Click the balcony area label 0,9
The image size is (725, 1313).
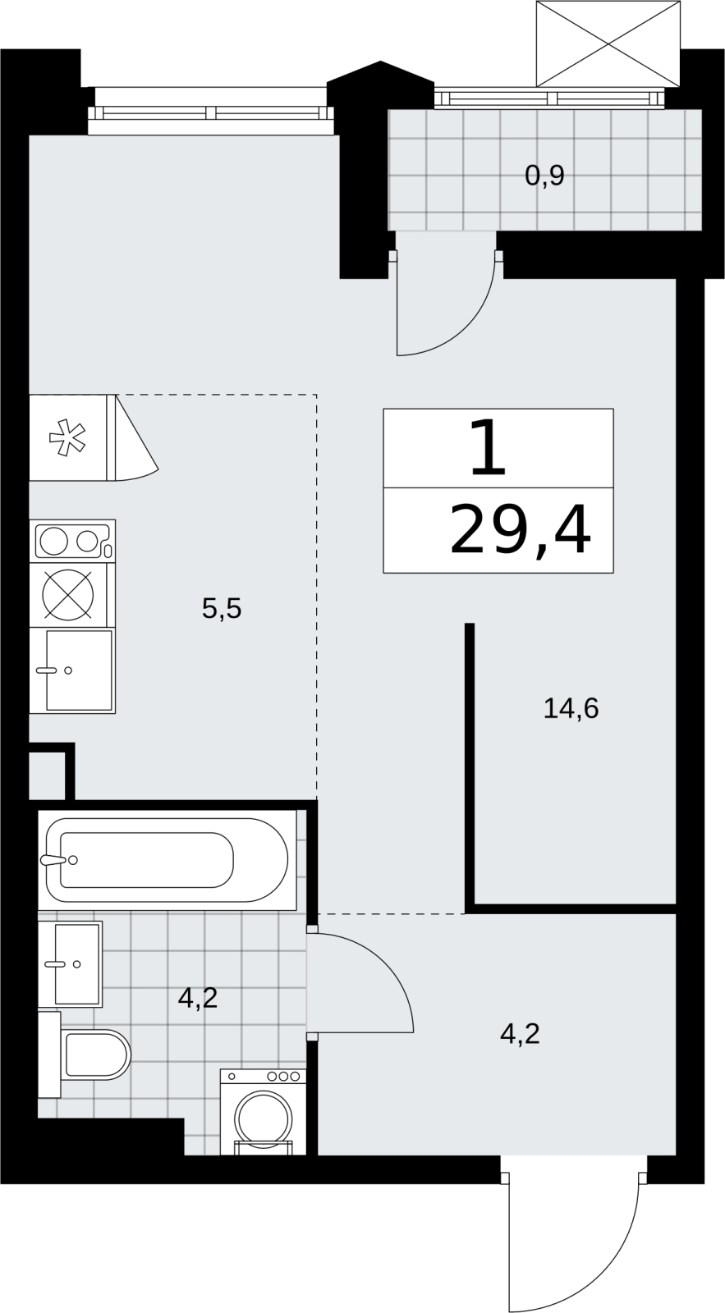(544, 176)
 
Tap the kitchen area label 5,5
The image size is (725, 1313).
(222, 608)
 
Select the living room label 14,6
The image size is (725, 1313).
(571, 708)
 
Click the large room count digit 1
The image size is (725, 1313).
(488, 448)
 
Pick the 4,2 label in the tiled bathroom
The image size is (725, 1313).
(198, 998)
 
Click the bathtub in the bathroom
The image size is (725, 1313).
(167, 860)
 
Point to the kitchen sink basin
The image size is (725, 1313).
(79, 670)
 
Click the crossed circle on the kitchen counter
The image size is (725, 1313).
(68, 594)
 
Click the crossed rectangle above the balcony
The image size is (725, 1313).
(608, 43)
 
